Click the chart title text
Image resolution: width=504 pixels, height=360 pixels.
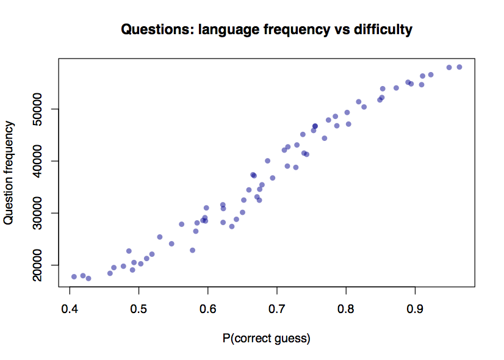tap(267, 29)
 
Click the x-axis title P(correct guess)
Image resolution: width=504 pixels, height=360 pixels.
tap(267, 338)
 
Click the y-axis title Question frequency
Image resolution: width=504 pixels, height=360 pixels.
tap(9, 173)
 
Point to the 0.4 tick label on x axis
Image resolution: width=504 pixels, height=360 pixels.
tap(70, 305)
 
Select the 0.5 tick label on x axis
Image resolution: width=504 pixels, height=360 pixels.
tap(139, 305)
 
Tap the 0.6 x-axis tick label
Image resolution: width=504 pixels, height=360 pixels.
tap(208, 305)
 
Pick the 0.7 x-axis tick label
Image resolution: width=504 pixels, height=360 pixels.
tap(277, 305)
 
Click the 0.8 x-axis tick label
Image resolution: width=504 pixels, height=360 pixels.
tap(346, 305)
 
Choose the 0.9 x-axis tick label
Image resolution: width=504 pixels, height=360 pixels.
tap(416, 305)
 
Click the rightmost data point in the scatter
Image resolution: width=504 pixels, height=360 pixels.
tap(459, 67)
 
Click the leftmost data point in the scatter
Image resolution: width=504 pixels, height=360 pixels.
tap(74, 276)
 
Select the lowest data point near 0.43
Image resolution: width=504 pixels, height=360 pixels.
tap(88, 278)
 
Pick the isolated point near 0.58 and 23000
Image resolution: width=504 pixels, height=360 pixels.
tap(192, 250)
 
